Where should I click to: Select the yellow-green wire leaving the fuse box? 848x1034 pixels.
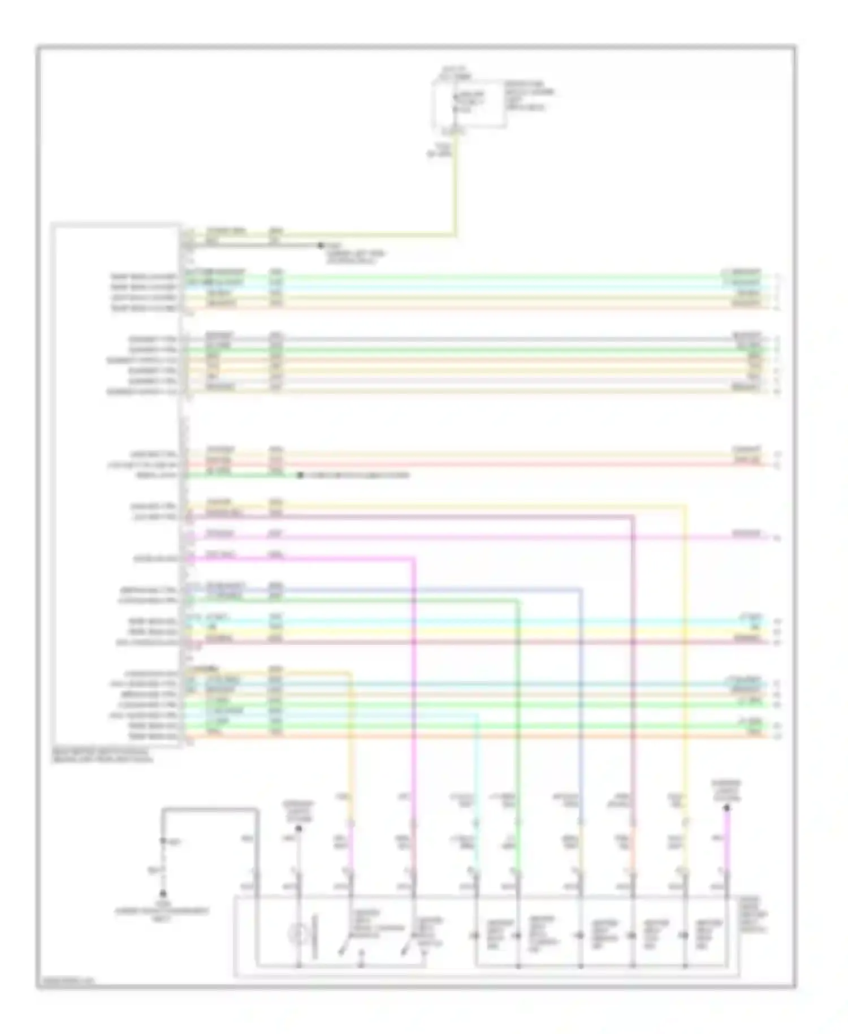click(x=455, y=187)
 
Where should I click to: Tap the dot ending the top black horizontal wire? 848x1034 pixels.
click(x=320, y=245)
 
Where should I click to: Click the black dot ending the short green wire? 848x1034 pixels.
click(x=301, y=476)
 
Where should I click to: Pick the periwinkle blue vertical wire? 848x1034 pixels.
click(x=581, y=707)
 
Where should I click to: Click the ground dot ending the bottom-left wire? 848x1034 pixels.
click(x=163, y=894)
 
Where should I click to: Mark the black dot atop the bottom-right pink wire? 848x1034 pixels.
click(x=727, y=808)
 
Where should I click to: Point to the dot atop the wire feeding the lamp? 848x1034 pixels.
click(x=298, y=829)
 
